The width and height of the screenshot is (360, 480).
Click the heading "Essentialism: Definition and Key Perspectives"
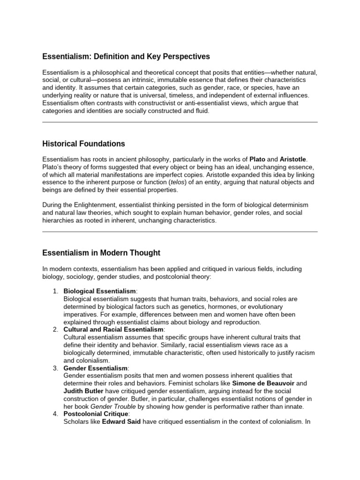click(x=126, y=57)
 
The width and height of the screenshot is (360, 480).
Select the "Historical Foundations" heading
click(x=84, y=143)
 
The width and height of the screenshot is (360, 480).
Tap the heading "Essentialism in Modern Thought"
click(x=101, y=253)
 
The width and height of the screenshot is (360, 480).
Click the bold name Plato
click(x=257, y=159)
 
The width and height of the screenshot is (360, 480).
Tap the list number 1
click(x=55, y=292)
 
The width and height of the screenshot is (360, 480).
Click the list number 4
click(x=55, y=413)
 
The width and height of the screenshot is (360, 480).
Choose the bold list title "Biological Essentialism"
click(x=96, y=292)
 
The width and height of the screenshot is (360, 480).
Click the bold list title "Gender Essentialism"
click(x=95, y=368)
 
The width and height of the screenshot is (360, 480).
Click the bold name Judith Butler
click(x=84, y=391)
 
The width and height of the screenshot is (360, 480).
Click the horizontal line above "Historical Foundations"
click(x=180, y=122)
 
